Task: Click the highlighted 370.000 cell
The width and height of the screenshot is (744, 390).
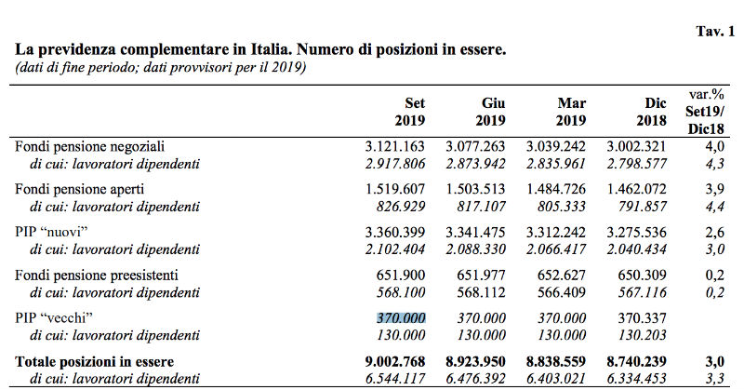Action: point(401,317)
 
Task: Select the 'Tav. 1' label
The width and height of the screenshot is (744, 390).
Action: point(715,32)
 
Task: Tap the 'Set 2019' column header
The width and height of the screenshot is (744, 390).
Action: point(410,112)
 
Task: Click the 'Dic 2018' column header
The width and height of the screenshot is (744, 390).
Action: point(652,112)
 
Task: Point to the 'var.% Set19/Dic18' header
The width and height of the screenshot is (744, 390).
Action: point(705,112)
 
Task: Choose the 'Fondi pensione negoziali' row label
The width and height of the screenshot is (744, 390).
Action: point(89,146)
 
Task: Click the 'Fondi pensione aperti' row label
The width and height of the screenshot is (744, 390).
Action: point(79,189)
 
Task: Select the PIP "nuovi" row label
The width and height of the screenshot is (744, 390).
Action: point(52,233)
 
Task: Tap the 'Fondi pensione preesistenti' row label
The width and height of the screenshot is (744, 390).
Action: point(97,275)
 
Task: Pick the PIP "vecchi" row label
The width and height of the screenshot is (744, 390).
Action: point(54,317)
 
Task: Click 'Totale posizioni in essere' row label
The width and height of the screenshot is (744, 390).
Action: point(95,361)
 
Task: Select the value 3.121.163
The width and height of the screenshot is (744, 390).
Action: point(394,146)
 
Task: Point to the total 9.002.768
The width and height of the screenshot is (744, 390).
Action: point(394,361)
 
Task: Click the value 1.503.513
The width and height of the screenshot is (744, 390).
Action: point(475,189)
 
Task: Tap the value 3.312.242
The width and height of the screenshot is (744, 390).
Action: point(555,233)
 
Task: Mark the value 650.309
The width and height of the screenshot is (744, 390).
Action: point(642,275)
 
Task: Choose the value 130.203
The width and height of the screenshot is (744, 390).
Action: point(642,335)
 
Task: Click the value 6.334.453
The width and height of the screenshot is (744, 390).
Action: point(637,379)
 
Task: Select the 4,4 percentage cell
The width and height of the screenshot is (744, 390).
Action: point(715,207)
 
